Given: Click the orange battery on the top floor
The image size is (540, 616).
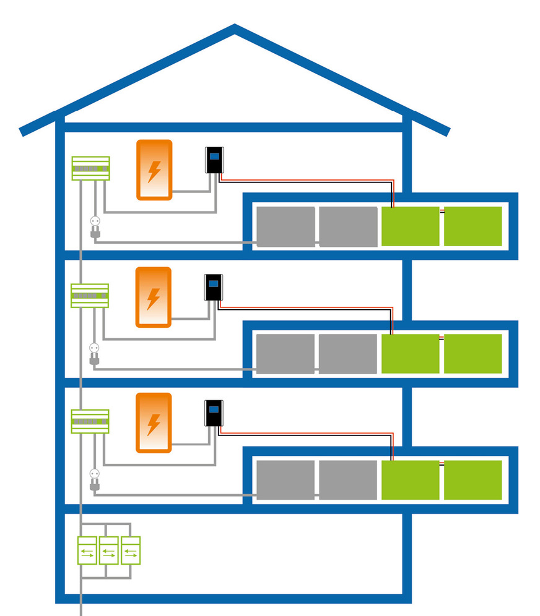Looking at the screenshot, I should point(154,170).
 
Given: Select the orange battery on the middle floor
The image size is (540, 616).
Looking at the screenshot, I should point(153,297).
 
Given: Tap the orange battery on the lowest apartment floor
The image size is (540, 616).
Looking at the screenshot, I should point(153,422).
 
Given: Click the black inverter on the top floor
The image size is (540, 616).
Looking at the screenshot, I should point(214,160).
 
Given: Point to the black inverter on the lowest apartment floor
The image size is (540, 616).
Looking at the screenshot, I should point(214,413).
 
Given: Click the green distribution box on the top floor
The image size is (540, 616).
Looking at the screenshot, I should point(90,168).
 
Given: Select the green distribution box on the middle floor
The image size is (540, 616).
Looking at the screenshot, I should point(90,296).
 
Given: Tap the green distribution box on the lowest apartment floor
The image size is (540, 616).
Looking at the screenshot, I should point(90,421).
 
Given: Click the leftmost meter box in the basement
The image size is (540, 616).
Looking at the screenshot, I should point(87,550).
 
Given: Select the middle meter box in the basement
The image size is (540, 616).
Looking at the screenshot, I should point(109,550).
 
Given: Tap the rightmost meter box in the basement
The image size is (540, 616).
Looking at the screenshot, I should point(130,550).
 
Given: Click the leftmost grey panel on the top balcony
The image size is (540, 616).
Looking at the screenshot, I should point(285,226).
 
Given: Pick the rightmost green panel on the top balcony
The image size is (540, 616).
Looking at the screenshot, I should point(473,226).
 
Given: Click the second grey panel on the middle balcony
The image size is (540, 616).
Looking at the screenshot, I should point(348,354).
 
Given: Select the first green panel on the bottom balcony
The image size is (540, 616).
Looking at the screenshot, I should point(410,480).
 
